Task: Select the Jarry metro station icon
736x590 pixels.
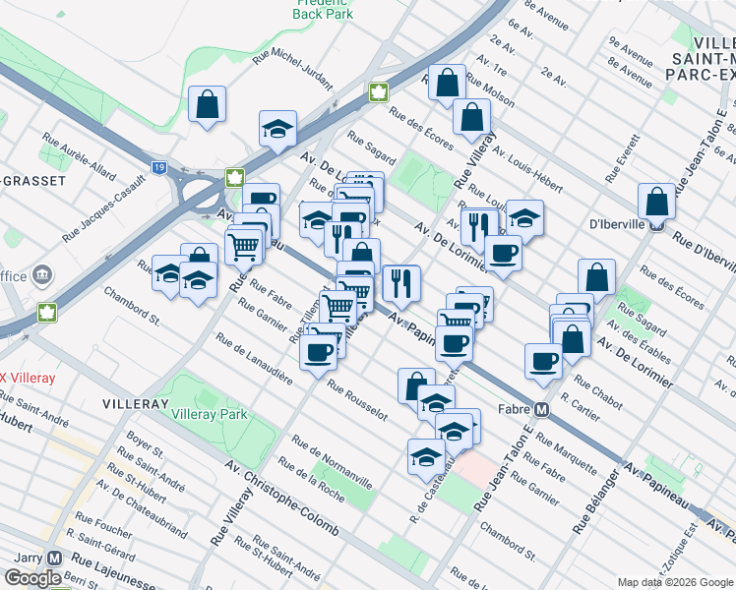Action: pos(54,557)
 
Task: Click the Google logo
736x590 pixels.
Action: pos(32,578)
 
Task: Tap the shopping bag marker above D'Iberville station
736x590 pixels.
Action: pos(656,202)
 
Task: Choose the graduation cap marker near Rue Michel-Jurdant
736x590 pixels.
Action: pos(278,128)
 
